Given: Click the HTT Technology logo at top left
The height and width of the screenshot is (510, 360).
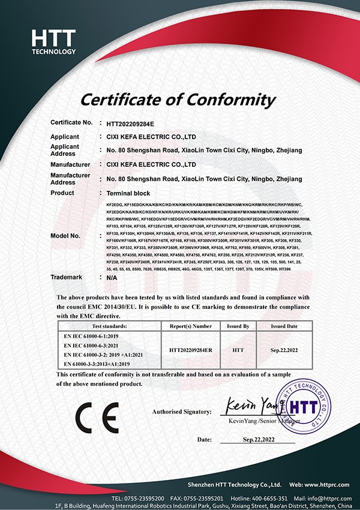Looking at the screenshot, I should [x=53, y=41].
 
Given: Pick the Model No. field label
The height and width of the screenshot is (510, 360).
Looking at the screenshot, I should [x=65, y=236].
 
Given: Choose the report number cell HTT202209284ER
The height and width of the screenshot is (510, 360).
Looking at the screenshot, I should [x=188, y=347].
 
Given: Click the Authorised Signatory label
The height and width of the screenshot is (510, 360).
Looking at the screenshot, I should [x=182, y=412].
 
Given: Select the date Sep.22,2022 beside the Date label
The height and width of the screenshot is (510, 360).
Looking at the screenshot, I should [x=258, y=440].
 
